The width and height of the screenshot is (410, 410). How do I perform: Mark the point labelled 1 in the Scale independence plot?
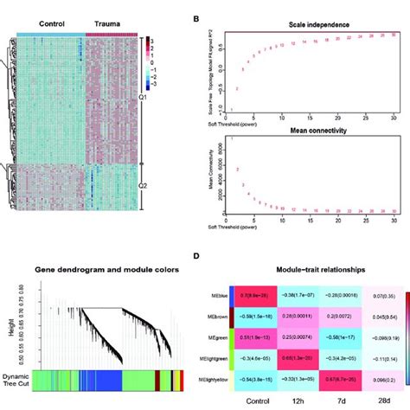coord(230,110)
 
